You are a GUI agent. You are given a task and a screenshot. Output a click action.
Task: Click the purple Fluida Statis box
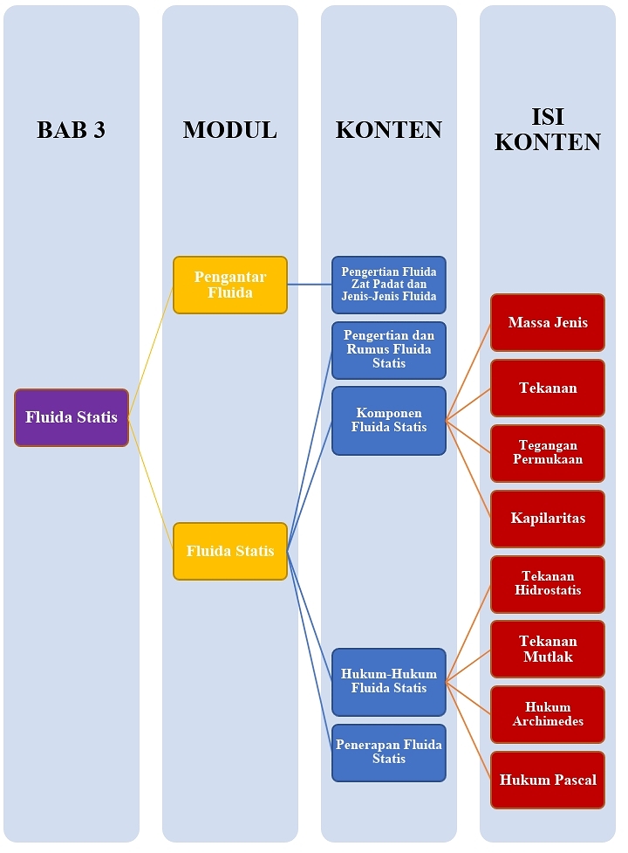72,417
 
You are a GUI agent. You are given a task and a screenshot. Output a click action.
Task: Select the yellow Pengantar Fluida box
230,285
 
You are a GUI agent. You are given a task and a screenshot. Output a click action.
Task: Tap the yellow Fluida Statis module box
230,551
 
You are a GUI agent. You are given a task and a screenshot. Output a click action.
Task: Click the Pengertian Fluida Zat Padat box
389,285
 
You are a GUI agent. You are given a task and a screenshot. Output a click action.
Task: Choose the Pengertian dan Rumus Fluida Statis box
389,349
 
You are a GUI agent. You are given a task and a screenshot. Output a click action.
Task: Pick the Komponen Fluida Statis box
389,420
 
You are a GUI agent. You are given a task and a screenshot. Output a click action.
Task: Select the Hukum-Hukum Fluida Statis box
389,681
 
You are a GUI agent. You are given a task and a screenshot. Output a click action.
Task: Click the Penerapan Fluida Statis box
389,752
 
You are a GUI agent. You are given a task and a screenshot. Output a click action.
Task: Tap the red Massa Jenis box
548,322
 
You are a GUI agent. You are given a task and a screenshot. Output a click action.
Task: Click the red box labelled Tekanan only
548,388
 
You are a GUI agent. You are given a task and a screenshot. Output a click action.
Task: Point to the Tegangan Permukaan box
548,452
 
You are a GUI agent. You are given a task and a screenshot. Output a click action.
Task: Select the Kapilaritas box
548,518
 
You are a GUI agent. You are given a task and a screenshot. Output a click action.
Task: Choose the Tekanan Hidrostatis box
548,583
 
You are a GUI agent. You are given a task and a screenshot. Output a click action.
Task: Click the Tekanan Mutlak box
548,649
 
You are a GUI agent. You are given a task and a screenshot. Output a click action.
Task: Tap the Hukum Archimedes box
548,714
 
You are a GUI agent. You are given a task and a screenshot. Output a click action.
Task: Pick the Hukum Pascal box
548,780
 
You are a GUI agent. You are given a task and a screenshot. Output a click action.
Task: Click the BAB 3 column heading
72,130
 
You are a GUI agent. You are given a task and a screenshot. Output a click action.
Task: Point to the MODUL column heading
230,130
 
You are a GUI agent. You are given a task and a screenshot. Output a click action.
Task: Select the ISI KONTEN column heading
548,130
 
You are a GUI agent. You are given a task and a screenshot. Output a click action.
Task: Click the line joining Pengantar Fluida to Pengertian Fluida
310,284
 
